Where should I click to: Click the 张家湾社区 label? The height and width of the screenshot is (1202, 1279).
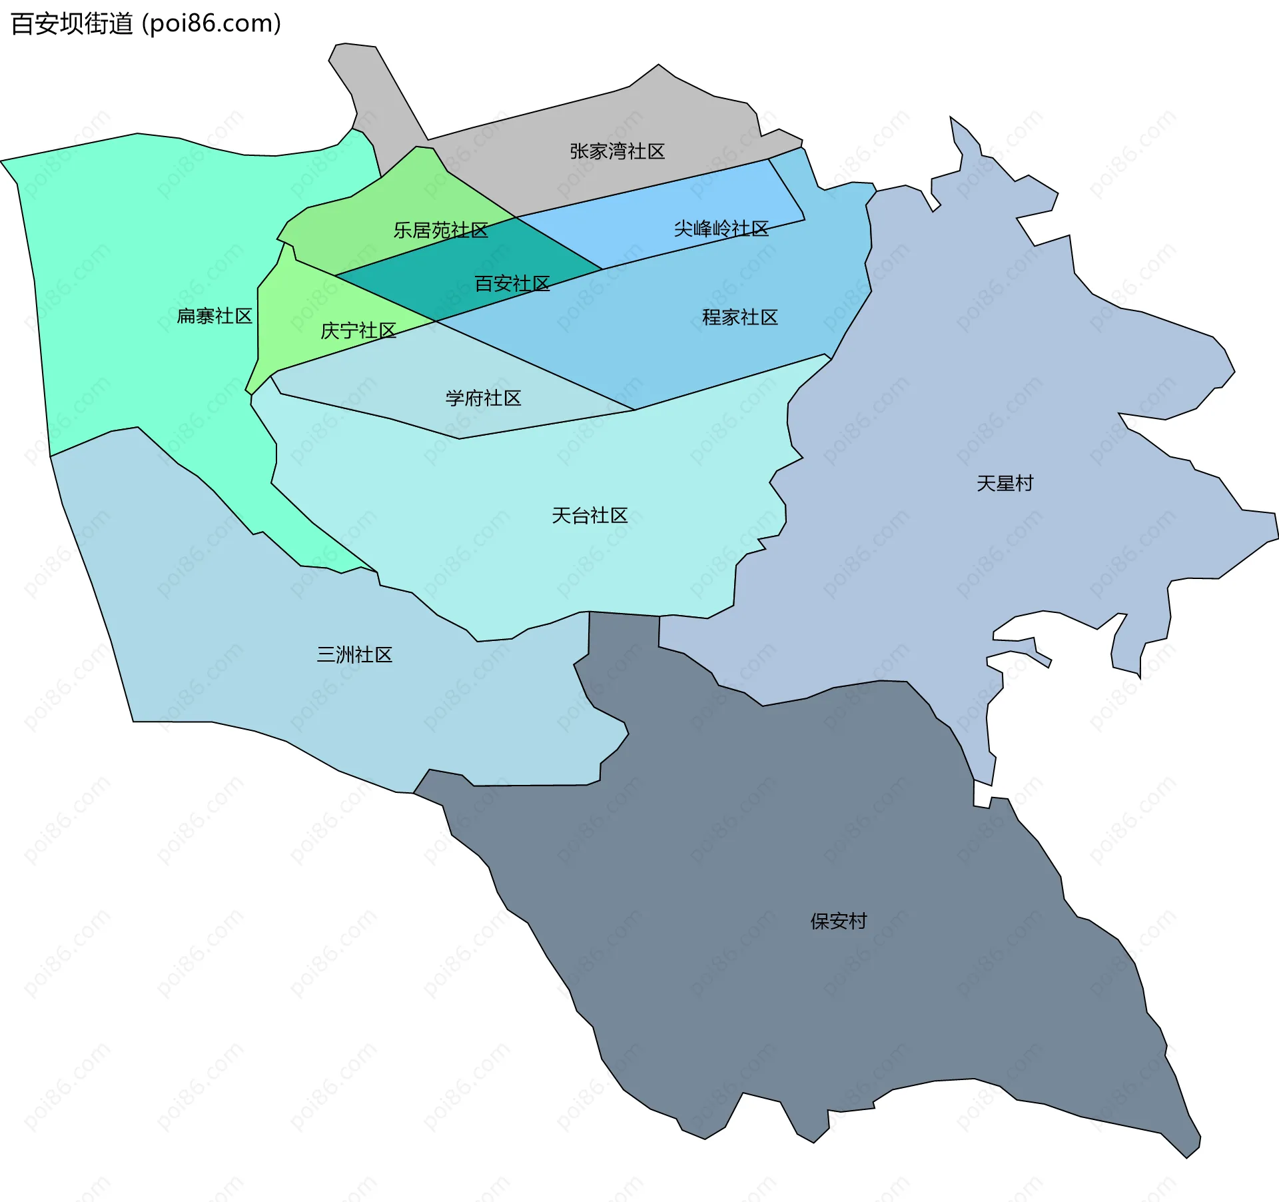coord(617,152)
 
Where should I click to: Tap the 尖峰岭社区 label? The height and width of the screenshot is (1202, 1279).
coord(721,229)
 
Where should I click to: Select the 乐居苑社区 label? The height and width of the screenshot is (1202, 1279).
coord(440,231)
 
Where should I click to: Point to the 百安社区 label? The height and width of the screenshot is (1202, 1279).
coord(512,284)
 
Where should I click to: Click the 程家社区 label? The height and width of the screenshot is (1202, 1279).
coord(739,317)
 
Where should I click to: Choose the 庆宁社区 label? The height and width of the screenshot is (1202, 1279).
coord(358,330)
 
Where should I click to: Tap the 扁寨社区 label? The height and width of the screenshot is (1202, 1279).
coord(214,316)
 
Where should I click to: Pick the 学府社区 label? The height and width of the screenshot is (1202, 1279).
coord(483,398)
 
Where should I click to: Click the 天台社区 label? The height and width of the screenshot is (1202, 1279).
coord(590,516)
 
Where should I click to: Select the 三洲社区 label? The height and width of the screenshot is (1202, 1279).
coord(354,655)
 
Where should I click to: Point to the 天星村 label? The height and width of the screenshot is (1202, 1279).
coord(1005,484)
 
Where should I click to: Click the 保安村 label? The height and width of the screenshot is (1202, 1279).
coord(838,921)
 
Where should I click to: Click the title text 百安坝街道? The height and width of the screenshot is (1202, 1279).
coord(72,24)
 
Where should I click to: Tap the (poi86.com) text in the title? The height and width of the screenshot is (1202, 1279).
coord(211,24)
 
